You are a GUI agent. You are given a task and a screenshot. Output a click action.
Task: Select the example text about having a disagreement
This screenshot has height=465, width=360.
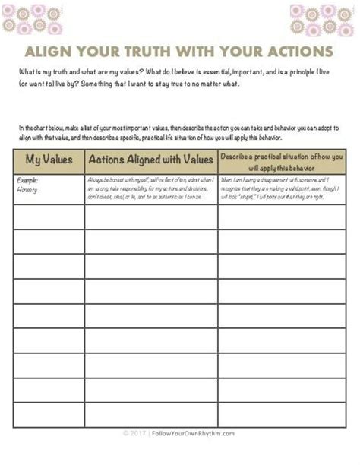tap(282, 188)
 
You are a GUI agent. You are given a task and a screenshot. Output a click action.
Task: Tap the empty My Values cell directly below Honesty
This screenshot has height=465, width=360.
tap(48, 217)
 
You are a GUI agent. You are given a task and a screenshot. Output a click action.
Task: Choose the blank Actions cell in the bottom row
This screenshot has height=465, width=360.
tap(150, 414)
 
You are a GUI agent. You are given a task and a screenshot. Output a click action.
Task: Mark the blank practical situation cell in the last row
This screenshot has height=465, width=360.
tap(282, 414)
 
